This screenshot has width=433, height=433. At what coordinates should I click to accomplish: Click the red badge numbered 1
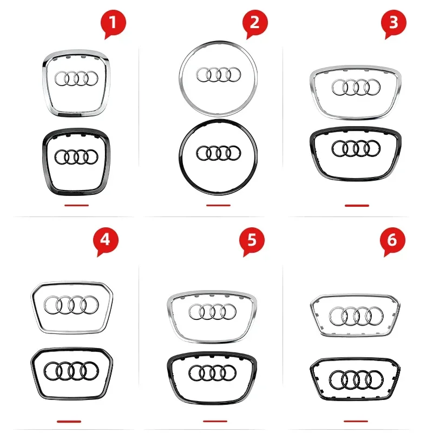(114, 24)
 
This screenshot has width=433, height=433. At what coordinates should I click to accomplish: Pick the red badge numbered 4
(105, 240)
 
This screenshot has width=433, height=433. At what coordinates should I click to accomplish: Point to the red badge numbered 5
(252, 240)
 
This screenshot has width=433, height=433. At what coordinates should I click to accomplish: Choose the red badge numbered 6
(392, 240)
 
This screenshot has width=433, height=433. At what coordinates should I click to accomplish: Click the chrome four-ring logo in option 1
(76, 78)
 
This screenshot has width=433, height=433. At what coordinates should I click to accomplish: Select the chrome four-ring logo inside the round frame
(218, 74)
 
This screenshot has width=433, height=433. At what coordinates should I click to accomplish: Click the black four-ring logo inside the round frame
(218, 153)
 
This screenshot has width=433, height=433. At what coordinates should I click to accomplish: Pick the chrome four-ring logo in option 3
(356, 86)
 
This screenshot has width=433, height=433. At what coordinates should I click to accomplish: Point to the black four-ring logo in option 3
(356, 148)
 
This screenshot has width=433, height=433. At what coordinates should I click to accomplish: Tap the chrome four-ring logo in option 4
(71, 306)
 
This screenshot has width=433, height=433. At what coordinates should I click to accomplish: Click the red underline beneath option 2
(218, 205)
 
